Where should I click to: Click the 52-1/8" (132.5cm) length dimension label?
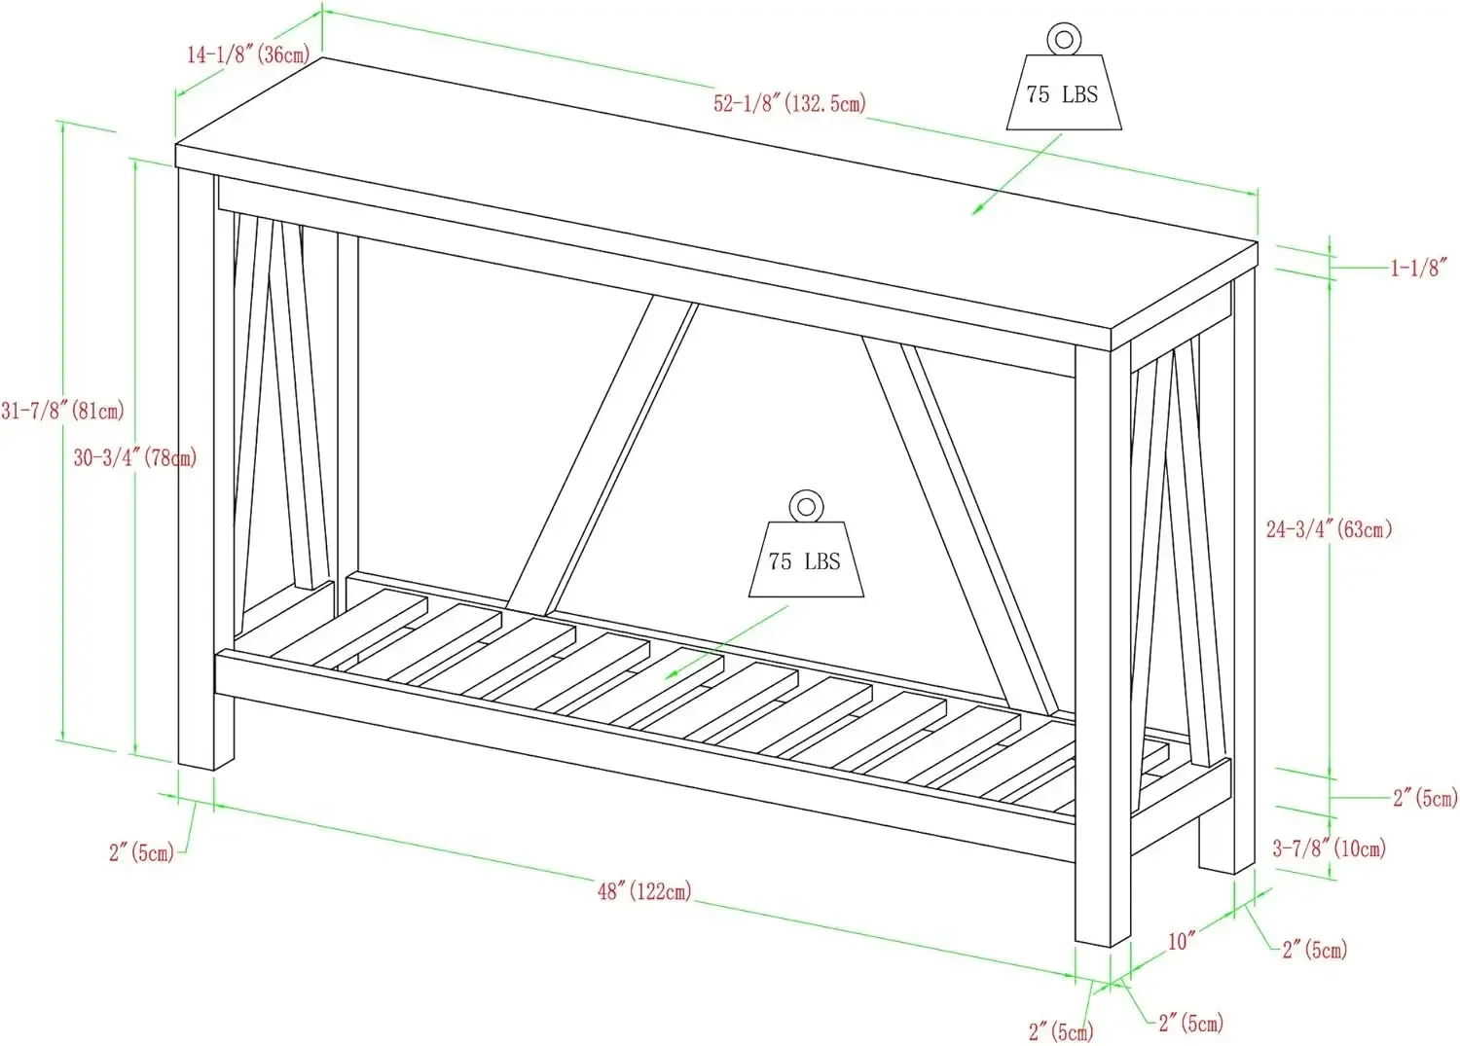coord(789,103)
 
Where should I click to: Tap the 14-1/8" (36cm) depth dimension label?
coord(248,54)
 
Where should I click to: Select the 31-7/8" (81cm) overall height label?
coord(62,411)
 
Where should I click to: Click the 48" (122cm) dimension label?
coord(644,889)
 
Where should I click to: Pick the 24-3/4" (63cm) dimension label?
coord(1329,529)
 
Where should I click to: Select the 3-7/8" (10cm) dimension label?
coord(1329,848)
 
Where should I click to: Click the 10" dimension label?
coord(1182,941)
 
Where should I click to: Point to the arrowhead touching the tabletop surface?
coord(976,210)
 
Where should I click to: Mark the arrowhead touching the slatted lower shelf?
coord(670,675)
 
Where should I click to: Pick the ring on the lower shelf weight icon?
coord(805,506)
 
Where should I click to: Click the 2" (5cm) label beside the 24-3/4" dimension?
coord(1425,798)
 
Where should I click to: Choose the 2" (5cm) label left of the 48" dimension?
coord(141,852)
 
